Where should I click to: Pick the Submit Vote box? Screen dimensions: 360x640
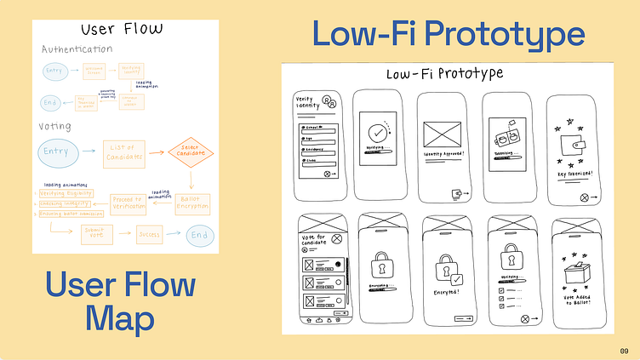97,233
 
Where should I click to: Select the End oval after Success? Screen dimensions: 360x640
197,234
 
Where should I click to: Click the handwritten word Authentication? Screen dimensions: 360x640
77,49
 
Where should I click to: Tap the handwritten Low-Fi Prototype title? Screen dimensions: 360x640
444,73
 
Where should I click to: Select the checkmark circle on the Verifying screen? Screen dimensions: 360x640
375,133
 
